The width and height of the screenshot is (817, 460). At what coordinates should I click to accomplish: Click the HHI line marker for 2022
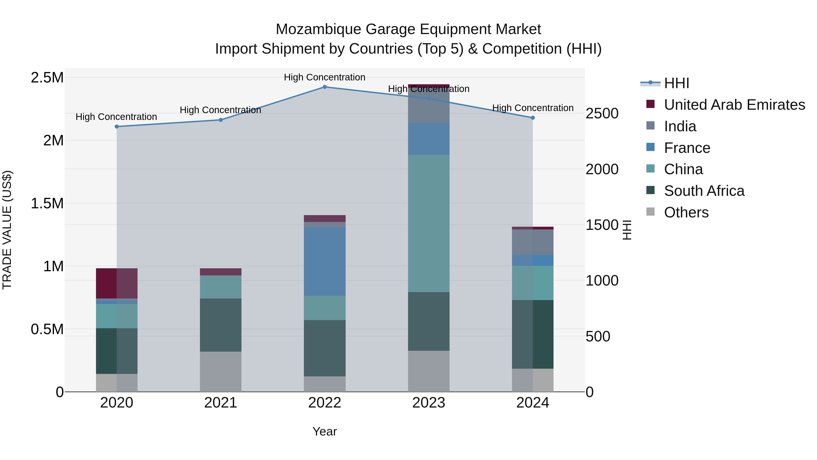click(325, 87)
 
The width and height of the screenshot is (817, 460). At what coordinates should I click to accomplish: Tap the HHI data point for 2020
click(117, 126)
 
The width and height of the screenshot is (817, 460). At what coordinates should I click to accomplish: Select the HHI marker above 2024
click(532, 118)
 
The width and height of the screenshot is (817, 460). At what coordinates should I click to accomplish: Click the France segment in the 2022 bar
click(325, 261)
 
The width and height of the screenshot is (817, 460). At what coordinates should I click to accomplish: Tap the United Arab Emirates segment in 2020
click(117, 283)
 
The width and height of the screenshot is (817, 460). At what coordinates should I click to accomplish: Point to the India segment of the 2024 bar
click(532, 242)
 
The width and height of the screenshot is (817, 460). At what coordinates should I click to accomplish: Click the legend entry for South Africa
click(704, 191)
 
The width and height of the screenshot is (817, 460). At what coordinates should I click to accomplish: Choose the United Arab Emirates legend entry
click(734, 105)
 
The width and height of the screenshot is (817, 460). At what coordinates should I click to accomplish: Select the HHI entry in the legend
click(676, 83)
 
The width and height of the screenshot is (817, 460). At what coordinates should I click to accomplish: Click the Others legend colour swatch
click(650, 212)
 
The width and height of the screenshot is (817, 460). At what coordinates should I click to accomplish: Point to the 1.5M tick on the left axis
click(47, 203)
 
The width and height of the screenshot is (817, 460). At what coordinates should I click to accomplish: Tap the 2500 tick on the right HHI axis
click(602, 113)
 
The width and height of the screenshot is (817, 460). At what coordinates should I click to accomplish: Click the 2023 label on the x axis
click(428, 403)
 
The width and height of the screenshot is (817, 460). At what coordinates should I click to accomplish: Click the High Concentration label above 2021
click(220, 110)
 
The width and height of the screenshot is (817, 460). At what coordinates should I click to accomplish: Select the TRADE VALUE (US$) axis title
click(7, 230)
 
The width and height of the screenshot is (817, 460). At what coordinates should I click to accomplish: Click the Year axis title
click(325, 431)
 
